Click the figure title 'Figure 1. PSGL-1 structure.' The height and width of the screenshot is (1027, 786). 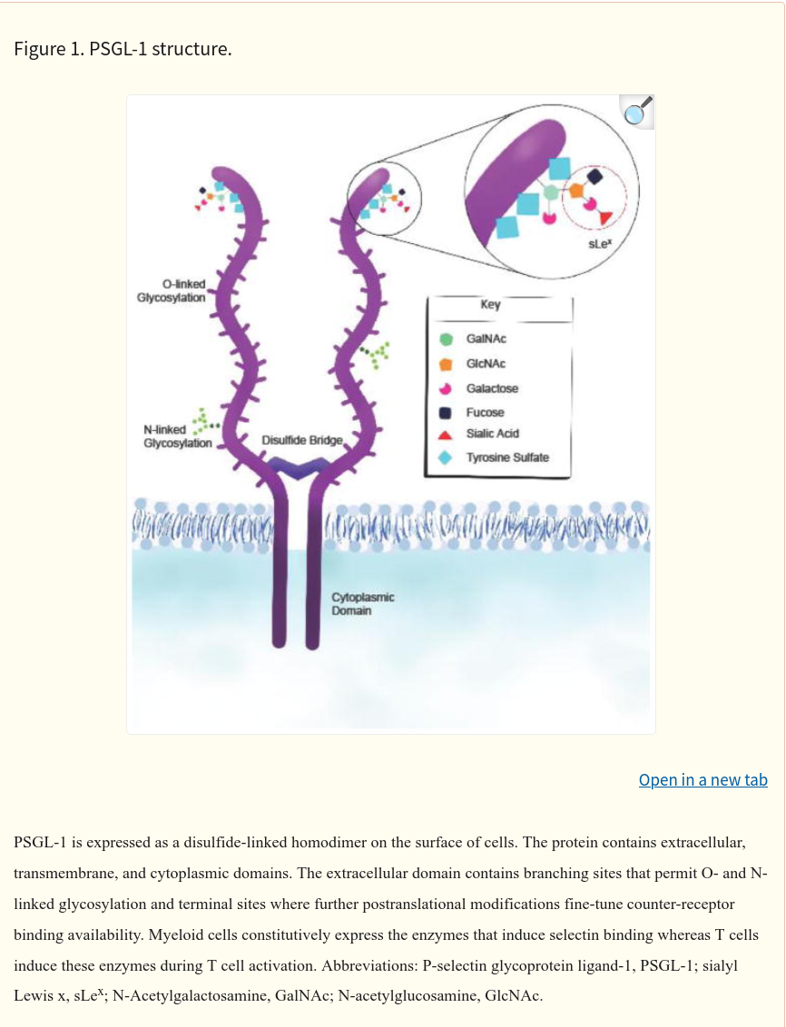click(x=123, y=49)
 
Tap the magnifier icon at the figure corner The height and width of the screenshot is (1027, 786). click(x=636, y=112)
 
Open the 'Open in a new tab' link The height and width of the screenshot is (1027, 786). click(x=702, y=779)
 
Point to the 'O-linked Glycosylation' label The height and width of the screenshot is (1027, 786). click(x=171, y=291)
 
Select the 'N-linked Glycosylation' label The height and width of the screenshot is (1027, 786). click(x=178, y=436)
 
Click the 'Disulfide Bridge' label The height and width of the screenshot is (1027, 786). click(x=302, y=440)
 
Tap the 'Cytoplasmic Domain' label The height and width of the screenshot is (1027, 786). click(x=363, y=604)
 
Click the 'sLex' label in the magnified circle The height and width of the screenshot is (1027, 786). click(x=600, y=244)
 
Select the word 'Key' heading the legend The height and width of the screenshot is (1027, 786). click(x=491, y=305)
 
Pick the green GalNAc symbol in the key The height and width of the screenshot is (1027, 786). click(x=446, y=339)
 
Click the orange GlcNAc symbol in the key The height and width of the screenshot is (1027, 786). click(x=446, y=364)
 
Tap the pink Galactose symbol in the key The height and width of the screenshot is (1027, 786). click(x=446, y=388)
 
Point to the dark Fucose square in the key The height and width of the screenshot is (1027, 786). click(x=446, y=413)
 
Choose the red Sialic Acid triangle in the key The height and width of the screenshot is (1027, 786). click(x=446, y=435)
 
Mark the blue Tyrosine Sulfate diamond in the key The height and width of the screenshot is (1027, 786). click(x=446, y=458)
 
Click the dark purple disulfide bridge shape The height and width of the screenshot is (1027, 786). click(x=298, y=467)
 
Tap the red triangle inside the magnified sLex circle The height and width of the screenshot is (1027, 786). click(x=606, y=218)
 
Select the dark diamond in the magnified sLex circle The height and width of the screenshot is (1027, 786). click(x=594, y=175)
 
